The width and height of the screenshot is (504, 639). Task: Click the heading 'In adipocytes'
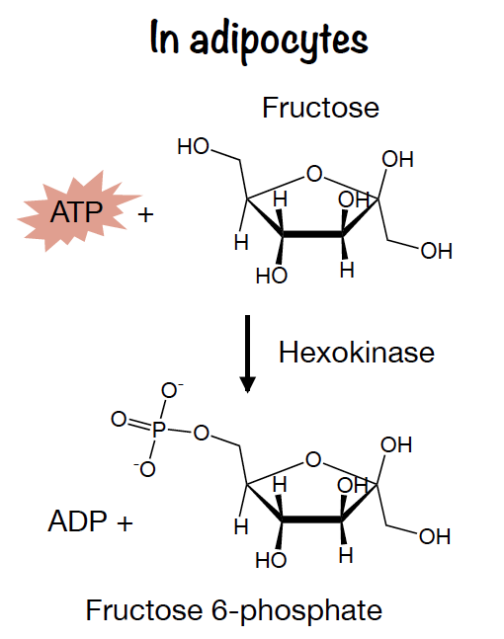tap(259, 40)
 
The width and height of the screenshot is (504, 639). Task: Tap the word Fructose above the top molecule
tap(320, 108)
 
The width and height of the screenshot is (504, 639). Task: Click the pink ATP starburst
tap(78, 211)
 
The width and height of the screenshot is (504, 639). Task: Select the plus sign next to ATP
tap(145, 214)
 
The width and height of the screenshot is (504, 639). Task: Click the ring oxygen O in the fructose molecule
tap(314, 174)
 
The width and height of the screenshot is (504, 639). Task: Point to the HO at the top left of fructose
tap(194, 146)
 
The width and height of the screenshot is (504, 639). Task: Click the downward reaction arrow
tap(247, 354)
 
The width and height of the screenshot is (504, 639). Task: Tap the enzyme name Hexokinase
tap(357, 353)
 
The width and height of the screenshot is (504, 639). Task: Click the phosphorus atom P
tap(159, 429)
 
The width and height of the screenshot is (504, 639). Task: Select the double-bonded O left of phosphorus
tap(119, 419)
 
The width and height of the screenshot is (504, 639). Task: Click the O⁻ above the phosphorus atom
tap(172, 390)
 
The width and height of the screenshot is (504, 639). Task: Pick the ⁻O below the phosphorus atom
tap(144, 469)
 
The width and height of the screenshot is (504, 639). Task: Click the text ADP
tap(77, 520)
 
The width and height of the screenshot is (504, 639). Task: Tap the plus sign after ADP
tap(125, 522)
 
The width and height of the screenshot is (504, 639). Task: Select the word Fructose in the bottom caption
tap(144, 610)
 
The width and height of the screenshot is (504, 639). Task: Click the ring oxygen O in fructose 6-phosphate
tap(313, 459)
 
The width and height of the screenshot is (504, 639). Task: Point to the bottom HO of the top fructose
tap(272, 276)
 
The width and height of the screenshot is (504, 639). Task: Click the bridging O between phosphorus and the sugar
tap(201, 433)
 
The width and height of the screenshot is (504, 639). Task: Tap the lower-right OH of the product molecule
tap(435, 536)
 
